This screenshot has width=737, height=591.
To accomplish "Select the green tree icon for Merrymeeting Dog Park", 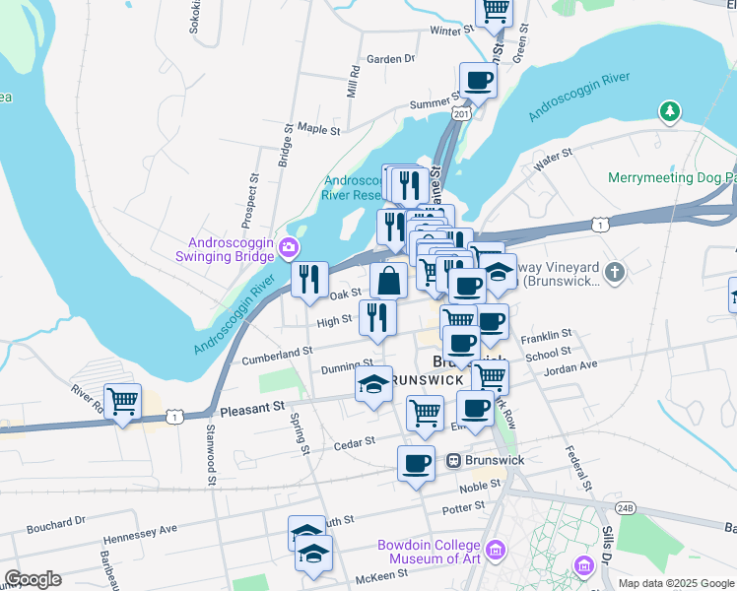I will [x=670, y=111].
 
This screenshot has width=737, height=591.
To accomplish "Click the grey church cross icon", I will [x=615, y=273].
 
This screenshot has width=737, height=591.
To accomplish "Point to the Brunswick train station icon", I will [x=454, y=460].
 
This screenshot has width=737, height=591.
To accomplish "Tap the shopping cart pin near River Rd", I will [x=122, y=402].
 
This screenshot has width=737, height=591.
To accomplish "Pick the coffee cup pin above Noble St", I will [x=416, y=462].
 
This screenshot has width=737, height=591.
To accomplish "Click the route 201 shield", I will [x=460, y=114].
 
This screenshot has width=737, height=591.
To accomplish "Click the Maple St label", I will [x=318, y=129].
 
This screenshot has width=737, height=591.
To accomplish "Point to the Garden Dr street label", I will [x=390, y=59].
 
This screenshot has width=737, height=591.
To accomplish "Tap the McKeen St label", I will [x=381, y=574].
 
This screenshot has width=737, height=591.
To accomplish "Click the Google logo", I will [x=33, y=579].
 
